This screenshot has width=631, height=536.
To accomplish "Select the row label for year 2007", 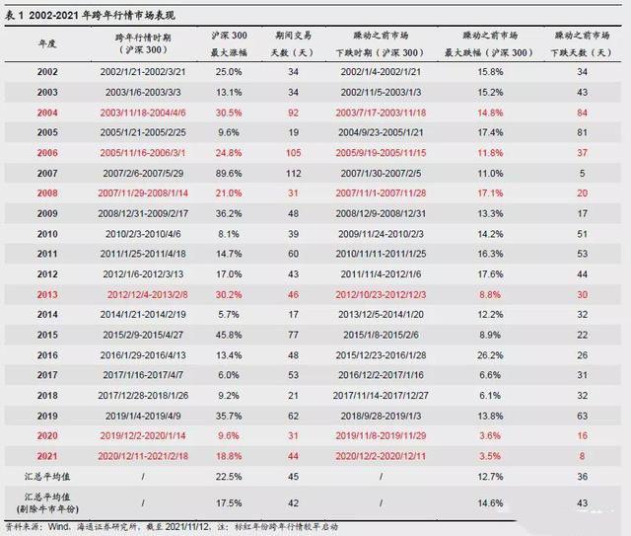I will coord(46,174).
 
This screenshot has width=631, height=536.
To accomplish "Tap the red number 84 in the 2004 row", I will coord(582,113).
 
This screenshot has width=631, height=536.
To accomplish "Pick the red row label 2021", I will coord(46,456).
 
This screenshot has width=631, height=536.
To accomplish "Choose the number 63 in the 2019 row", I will coord(582,416).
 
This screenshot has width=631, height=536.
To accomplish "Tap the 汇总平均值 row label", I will coord(46,477).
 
